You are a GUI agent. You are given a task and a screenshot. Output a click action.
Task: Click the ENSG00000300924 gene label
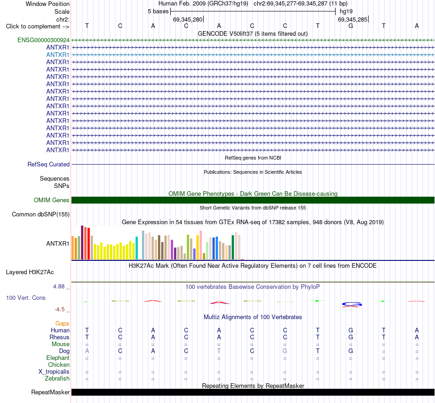43,40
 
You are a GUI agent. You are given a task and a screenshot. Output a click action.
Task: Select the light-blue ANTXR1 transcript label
58,55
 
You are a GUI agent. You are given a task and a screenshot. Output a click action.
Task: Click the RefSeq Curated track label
49,164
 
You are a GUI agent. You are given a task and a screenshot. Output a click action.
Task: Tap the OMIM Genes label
52,200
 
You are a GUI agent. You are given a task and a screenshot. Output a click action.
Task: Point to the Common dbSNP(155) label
41,215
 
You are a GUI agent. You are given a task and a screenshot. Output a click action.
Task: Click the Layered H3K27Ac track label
30,272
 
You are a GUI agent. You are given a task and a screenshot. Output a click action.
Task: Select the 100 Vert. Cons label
26,298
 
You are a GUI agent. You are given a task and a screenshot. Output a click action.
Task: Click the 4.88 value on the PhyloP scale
59,287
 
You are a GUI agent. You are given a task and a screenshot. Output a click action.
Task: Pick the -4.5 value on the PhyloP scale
60,309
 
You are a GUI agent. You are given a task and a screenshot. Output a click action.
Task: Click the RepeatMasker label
50,392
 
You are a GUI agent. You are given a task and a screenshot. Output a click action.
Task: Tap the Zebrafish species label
57,378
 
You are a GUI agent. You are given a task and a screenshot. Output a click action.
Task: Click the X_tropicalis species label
54,372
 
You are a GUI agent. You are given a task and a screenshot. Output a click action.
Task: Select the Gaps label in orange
62,323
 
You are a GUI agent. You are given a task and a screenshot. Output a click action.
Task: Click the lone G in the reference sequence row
351,26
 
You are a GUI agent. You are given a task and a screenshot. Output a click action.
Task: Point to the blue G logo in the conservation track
352,304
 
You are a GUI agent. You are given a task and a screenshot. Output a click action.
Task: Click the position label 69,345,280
188,19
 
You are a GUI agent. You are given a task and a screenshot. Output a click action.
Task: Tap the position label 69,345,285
353,19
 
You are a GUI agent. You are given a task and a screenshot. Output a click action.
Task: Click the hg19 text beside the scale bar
346,11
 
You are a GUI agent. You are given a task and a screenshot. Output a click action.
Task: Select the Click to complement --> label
38,27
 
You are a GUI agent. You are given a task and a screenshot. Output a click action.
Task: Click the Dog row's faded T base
219,351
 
